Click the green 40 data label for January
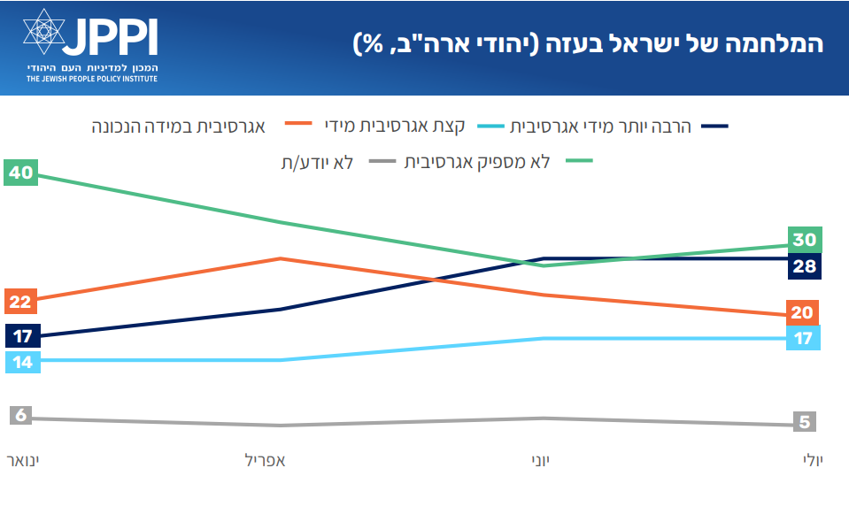tap(20, 173)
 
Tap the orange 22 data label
tap(20, 302)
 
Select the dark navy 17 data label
tap(23, 336)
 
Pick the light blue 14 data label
tap(23, 362)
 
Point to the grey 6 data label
tap(20, 415)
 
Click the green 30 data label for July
tap(805, 240)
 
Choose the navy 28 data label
tap(805, 266)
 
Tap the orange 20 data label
tap(802, 312)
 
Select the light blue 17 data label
tap(803, 338)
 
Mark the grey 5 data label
tap(805, 421)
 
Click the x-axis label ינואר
tap(23, 461)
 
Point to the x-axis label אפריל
tap(266, 461)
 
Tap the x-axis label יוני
tap(540, 461)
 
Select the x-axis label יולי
tap(813, 461)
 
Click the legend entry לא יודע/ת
tap(317, 162)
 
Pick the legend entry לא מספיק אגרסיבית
tap(477, 162)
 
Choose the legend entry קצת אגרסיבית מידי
tap(395, 126)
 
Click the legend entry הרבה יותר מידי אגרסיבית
tap(600, 127)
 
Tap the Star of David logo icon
tap(44, 31)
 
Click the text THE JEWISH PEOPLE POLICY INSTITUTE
tap(92, 79)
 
